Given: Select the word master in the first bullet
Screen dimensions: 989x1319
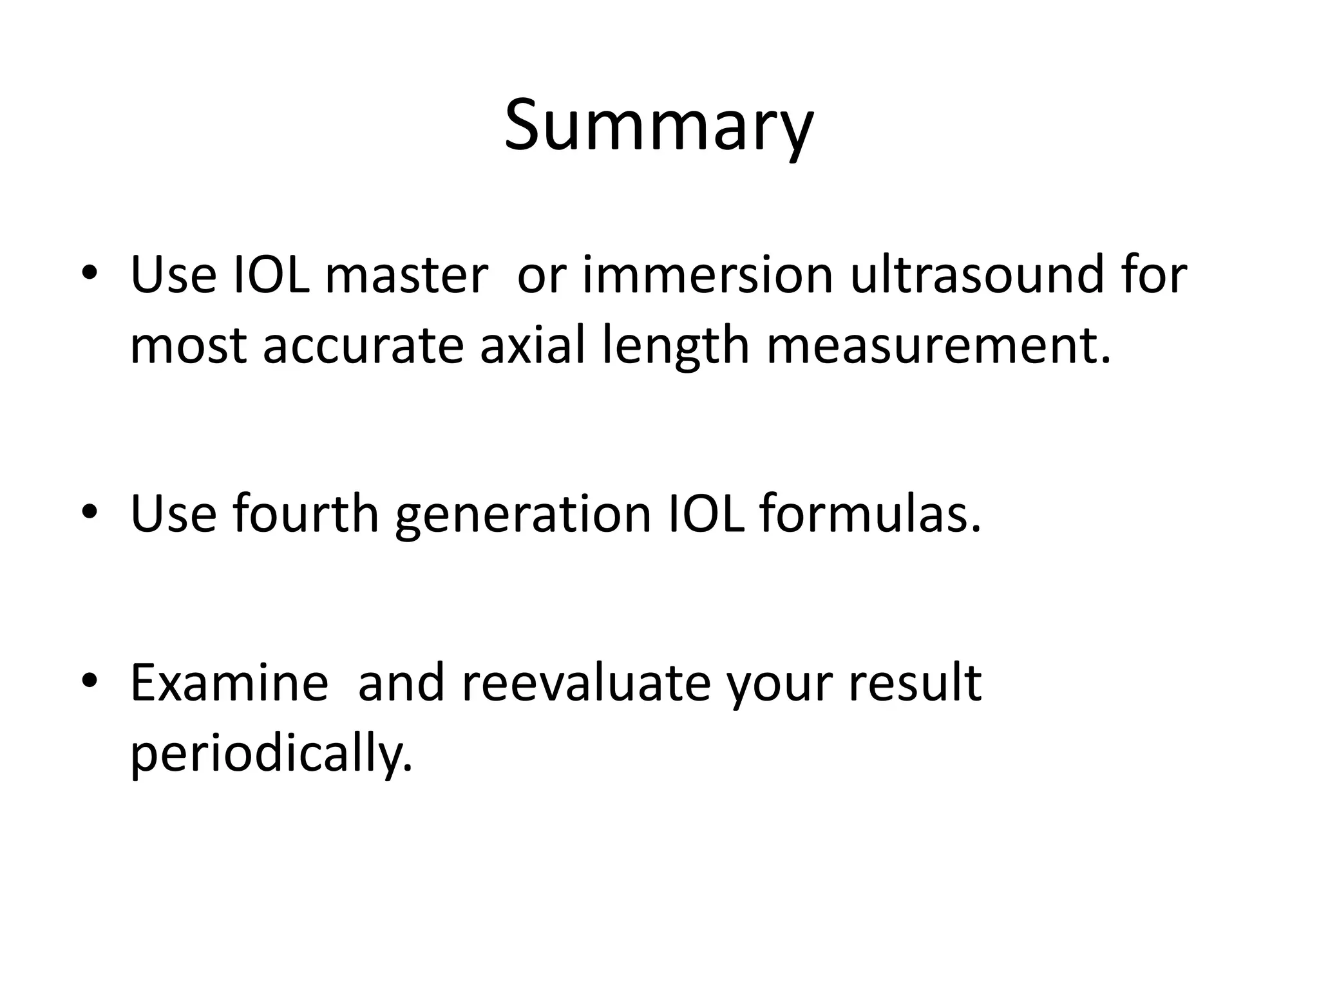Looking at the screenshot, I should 406,276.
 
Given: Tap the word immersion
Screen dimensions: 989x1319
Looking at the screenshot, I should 707,276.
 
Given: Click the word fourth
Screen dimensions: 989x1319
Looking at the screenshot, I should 306,514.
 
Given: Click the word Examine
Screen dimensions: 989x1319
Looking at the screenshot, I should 229,683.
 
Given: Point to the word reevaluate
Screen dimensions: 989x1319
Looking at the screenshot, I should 585,683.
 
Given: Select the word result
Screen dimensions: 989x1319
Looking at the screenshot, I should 915,683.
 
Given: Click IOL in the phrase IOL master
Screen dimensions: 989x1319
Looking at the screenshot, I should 270,276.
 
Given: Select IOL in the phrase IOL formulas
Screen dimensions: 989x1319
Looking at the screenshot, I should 706,514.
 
